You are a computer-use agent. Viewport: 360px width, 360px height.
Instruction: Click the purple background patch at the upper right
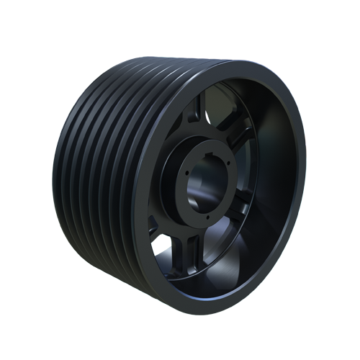click(x=288, y=72)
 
